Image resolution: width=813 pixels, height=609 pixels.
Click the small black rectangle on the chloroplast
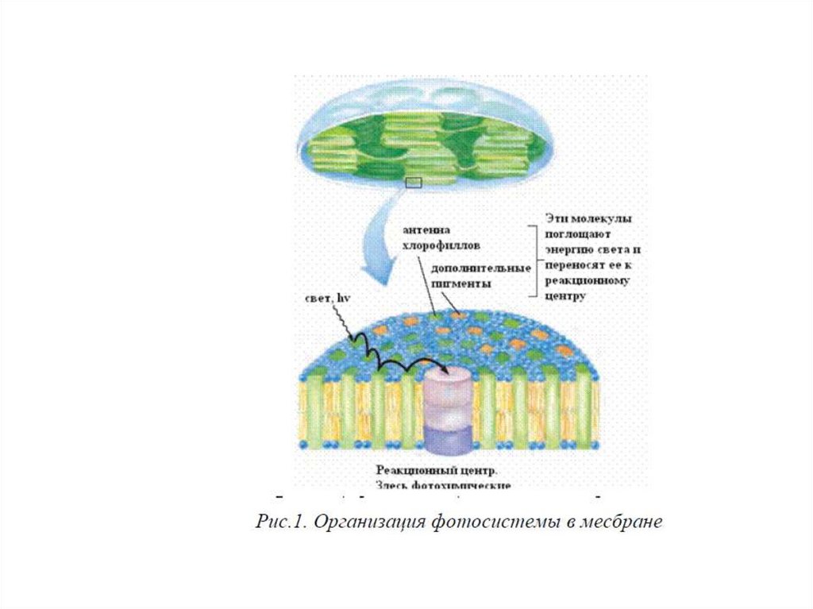pyautogui.click(x=412, y=183)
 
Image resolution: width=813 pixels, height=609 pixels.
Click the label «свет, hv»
pyautogui.click(x=328, y=298)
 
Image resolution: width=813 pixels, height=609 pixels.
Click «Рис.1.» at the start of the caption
pyautogui.click(x=279, y=522)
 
